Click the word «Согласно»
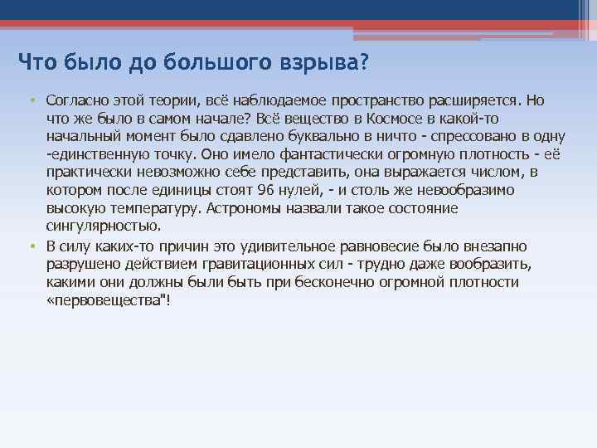pos(75,100)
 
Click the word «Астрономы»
pos(244,208)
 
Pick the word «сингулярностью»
pos(104,226)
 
